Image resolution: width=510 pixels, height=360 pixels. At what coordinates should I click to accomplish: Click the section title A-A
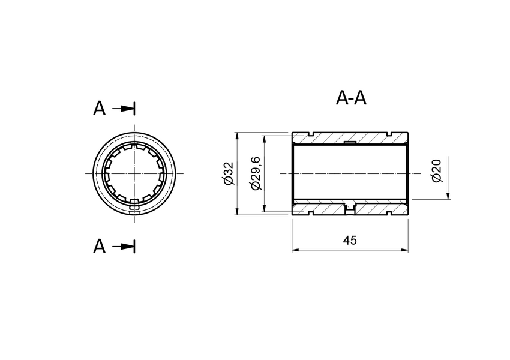pos(351,98)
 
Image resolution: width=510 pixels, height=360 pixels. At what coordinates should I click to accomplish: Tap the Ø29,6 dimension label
pos(255,173)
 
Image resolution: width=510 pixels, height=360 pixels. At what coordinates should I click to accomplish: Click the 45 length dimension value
pos(350,241)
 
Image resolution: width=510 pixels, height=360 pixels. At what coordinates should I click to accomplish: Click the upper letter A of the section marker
pos(100,109)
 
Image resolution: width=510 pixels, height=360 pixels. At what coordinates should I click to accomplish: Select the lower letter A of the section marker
pos(100,246)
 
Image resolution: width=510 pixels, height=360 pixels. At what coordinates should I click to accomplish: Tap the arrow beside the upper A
pos(125,109)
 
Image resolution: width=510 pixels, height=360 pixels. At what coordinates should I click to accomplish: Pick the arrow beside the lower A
pos(125,246)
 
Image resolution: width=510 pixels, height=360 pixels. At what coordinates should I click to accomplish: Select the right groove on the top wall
pos(390,133)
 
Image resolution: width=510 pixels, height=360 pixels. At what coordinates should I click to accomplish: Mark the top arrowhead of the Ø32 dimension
pos(238,136)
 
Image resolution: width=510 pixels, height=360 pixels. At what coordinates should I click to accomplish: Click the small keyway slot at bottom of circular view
pos(134,208)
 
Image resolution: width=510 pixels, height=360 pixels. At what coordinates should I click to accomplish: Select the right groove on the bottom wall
pos(390,214)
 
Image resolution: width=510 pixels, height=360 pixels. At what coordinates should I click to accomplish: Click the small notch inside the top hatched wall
pos(350,142)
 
